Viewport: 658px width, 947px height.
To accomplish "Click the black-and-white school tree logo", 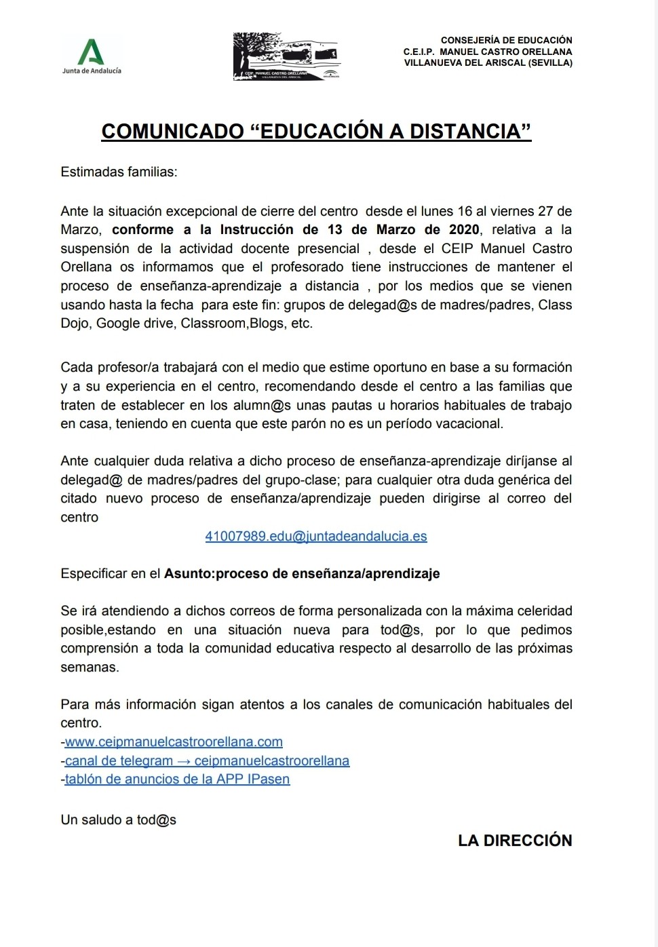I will click(x=286, y=56).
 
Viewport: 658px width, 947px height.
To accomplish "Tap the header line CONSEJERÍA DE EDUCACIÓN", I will click(x=506, y=40).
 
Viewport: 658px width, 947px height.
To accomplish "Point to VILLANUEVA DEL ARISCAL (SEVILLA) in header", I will click(x=488, y=62).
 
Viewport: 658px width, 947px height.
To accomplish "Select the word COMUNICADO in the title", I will click(x=172, y=131).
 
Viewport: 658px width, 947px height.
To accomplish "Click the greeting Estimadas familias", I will click(x=119, y=172).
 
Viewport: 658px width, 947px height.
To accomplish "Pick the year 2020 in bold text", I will click(x=464, y=229).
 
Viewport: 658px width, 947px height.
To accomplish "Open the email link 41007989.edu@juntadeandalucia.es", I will click(x=316, y=536).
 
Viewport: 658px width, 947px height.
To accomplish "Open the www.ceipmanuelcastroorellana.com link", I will click(x=174, y=741).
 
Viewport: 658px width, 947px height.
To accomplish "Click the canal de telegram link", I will click(x=207, y=760).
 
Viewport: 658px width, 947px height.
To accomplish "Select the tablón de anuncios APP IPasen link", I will click(x=177, y=779).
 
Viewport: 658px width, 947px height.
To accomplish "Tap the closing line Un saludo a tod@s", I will click(x=119, y=819).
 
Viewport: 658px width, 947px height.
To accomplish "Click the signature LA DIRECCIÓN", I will click(x=515, y=840).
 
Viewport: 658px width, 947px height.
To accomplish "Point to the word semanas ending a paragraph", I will click(x=89, y=667).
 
